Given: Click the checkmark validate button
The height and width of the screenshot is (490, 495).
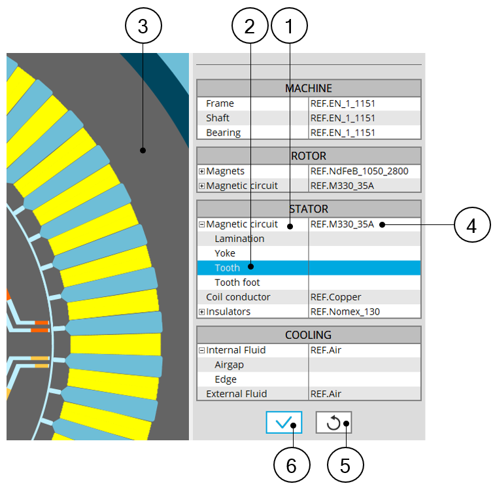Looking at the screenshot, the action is [284, 423].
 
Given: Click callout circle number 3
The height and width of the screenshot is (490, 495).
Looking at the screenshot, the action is [143, 26].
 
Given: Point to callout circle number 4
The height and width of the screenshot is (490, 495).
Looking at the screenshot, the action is [472, 225].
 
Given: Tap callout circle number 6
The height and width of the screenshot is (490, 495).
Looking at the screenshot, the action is [292, 464].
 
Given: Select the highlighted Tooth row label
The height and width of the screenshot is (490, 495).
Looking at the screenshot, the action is [228, 268].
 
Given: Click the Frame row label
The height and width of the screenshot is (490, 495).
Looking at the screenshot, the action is [220, 103].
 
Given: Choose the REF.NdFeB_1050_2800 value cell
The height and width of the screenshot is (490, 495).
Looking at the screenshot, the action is [359, 171].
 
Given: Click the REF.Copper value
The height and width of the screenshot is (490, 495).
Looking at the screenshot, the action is [335, 297].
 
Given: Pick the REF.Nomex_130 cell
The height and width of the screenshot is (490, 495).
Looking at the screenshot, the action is [345, 312].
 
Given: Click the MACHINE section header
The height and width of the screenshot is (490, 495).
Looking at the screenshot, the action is [309, 88].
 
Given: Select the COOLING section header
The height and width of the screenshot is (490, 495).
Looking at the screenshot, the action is [309, 335].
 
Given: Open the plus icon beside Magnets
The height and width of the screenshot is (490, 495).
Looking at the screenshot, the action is [201, 171].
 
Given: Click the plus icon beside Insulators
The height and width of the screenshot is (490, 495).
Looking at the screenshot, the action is [201, 312].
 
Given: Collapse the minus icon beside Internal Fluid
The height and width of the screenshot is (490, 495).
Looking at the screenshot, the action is [201, 351].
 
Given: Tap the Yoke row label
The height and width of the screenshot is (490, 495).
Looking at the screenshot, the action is [225, 253].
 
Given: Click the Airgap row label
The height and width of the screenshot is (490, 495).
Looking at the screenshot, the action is [229, 365].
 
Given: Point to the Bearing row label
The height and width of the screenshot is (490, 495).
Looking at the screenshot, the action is [223, 133].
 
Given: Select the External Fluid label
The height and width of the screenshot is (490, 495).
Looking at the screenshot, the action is [237, 394].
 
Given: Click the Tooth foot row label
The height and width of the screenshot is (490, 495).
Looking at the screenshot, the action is [237, 283].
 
